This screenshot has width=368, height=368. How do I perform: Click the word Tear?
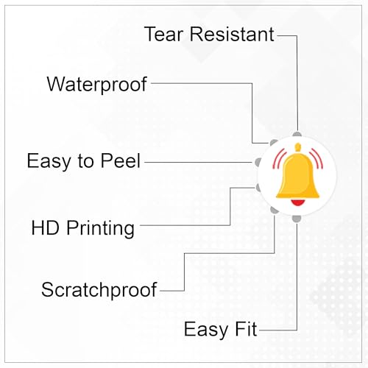[x=163, y=34]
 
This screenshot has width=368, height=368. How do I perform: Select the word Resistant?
[x=232, y=34]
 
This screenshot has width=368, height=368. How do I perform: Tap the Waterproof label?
[x=97, y=85]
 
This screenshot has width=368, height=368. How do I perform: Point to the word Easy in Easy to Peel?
[x=49, y=162]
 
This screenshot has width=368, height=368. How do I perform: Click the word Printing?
[x=100, y=229]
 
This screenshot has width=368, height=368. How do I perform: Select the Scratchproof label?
[x=99, y=291]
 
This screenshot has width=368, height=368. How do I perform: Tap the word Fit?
[x=246, y=329]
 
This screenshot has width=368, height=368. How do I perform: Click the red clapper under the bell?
[x=298, y=202]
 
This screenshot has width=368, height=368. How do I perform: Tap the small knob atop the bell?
[x=298, y=147]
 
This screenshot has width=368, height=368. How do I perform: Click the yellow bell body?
[x=298, y=175]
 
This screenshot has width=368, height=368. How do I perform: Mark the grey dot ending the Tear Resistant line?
[x=297, y=134]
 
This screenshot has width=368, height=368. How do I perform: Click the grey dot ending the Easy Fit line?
[x=297, y=219]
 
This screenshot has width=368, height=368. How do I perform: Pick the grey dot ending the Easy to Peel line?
[x=258, y=162]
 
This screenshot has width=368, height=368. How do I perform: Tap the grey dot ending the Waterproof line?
[x=273, y=143]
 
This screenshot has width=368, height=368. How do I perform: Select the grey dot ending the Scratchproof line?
[x=274, y=210]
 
